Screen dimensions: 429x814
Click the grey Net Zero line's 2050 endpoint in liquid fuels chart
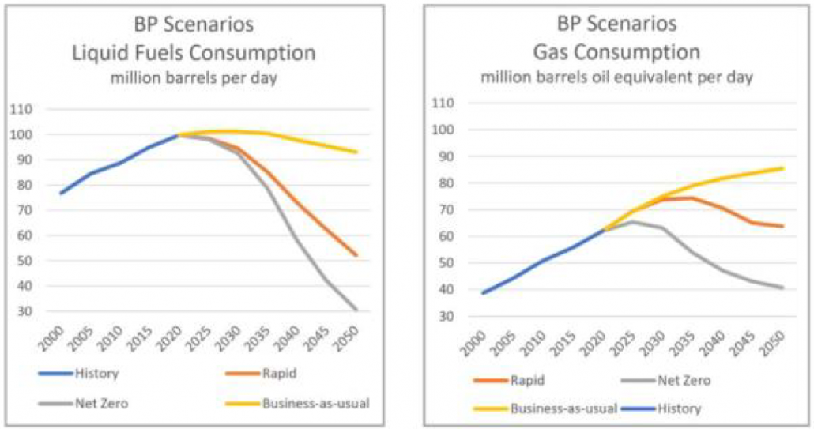click(x=356, y=310)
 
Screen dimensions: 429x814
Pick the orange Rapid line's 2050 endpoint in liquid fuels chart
click(x=356, y=255)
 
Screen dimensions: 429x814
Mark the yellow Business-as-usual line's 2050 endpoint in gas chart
click(x=783, y=167)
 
